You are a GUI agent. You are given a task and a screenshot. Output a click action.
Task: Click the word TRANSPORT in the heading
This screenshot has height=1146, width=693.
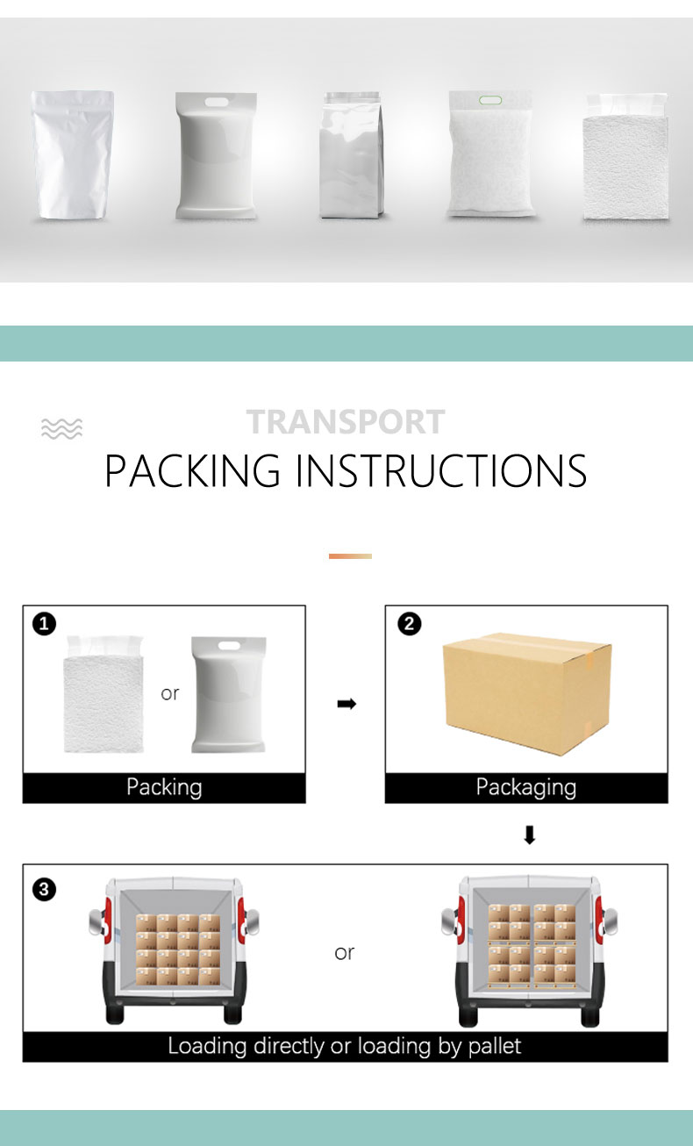346,422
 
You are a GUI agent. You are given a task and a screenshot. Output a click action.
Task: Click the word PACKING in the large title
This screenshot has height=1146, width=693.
192,471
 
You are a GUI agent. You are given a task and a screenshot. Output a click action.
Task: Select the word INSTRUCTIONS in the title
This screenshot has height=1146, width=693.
440,471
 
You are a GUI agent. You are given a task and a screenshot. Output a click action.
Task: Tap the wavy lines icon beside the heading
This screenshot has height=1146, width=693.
61,428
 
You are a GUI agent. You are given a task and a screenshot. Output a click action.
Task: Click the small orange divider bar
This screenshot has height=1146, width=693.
350,555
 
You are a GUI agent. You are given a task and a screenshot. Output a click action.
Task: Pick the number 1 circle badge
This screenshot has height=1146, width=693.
44,624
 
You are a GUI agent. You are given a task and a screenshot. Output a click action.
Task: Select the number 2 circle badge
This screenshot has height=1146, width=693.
410,624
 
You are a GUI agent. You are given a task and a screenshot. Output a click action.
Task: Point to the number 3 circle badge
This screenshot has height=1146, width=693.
44,890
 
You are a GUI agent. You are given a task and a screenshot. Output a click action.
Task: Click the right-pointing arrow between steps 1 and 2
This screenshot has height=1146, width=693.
346,704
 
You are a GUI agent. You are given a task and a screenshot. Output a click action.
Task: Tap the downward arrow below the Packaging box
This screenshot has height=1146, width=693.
529,835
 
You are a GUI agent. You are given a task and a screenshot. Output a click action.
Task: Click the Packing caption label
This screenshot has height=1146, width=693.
164,787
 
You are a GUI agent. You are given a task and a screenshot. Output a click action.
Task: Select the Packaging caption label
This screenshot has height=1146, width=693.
525,787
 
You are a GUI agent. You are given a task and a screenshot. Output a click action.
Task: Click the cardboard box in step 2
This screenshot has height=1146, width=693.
526,693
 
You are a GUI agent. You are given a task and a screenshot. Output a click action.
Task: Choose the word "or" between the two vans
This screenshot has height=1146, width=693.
344,952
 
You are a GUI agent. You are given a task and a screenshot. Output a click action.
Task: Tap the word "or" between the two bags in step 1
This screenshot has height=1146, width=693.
170,693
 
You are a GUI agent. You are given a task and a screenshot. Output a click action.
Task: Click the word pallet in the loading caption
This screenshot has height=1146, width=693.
494,1046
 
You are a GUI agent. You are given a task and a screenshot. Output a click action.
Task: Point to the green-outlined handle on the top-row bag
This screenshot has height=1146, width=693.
490,100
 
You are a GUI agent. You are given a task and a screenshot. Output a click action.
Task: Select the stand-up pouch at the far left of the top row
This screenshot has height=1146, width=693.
73,154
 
